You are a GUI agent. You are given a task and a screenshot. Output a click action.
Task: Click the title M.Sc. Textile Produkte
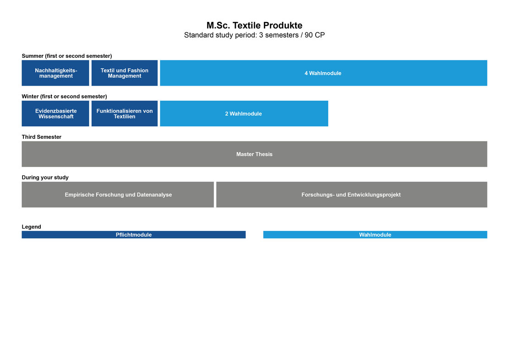254,25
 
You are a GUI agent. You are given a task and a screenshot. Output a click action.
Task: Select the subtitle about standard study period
254,35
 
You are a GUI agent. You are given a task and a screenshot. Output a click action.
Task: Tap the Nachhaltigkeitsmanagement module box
55,73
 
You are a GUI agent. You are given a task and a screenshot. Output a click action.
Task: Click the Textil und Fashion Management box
124,73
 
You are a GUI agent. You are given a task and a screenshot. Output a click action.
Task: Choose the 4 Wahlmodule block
323,73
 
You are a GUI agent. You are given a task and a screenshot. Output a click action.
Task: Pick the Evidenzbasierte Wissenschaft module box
55,114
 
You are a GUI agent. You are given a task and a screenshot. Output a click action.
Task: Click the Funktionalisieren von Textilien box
124,114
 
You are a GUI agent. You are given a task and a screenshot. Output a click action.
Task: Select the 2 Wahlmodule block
244,114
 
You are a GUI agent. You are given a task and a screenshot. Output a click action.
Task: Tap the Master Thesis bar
254,154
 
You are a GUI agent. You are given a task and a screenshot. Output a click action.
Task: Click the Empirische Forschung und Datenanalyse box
117,195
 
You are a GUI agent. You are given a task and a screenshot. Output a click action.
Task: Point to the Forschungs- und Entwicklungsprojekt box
351,195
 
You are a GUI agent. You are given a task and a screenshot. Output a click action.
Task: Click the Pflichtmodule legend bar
133,235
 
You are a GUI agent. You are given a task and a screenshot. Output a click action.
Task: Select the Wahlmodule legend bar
375,235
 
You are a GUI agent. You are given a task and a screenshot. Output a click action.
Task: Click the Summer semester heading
67,56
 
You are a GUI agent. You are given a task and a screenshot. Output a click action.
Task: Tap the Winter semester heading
64,96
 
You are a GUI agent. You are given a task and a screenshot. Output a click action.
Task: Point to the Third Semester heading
42,137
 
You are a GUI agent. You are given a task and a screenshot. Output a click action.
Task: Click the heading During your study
45,178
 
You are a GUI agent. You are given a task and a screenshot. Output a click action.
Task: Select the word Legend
31,227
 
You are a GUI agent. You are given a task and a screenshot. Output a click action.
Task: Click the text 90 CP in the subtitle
315,35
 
